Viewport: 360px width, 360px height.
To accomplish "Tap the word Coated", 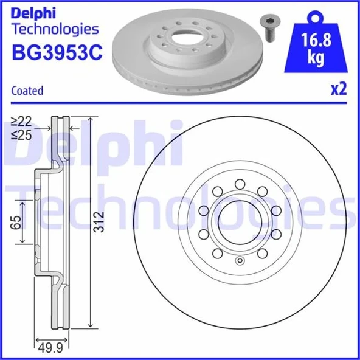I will point(27,91).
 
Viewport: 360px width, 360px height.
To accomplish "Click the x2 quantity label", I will point(338,89).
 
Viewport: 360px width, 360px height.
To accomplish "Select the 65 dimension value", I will point(18,221).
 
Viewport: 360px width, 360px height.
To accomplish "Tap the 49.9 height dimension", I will point(50,347).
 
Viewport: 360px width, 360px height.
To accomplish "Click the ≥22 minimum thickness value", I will point(24,123).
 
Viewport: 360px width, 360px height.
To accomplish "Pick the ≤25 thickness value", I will point(24,136).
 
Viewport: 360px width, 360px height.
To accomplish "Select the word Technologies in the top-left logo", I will point(55,29).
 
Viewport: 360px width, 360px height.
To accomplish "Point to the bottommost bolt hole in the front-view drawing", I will point(217,254).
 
